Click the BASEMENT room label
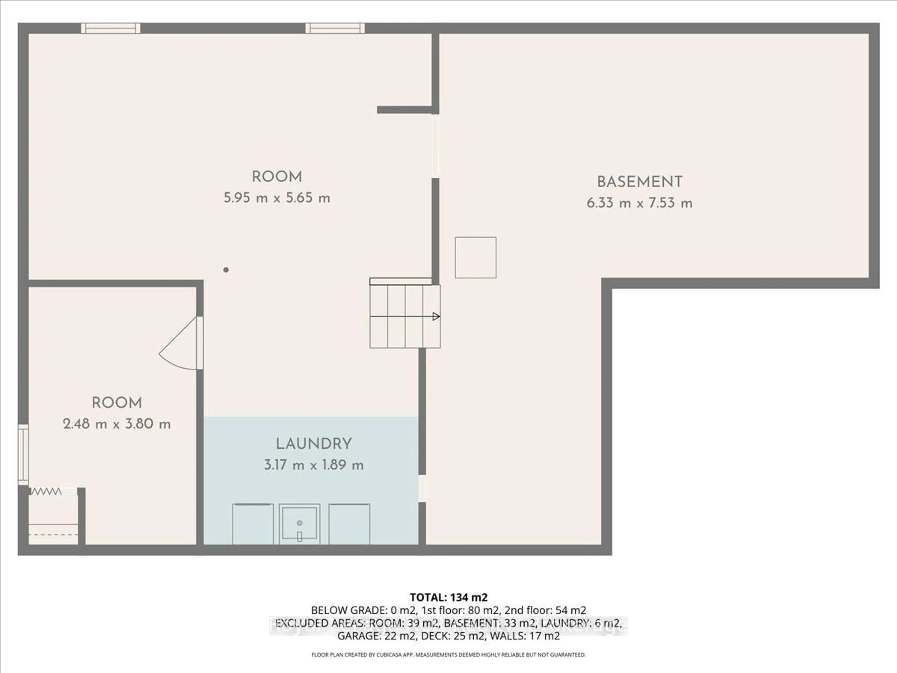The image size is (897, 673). [640, 182]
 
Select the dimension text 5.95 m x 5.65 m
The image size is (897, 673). [277, 198]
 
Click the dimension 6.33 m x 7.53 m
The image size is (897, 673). [640, 203]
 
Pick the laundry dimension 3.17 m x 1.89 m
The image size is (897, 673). [313, 465]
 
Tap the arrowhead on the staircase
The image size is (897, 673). [436, 316]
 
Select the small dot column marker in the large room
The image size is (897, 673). [226, 270]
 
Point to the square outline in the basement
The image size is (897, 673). [475, 258]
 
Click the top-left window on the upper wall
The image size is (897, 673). [110, 28]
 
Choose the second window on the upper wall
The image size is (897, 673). [335, 28]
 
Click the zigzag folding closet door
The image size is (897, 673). [46, 492]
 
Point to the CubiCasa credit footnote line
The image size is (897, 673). [448, 655]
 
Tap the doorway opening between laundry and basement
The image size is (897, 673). [422, 488]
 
